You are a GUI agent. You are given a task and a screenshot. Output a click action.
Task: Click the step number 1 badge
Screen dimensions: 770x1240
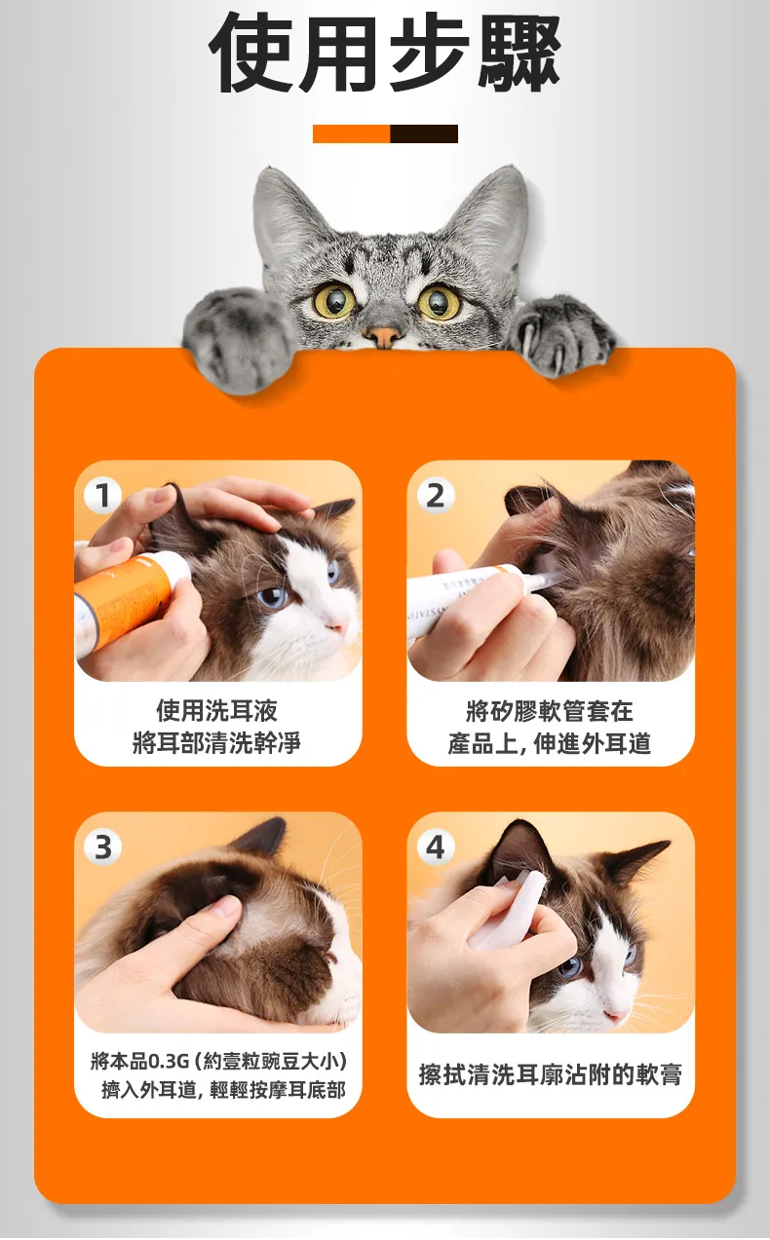coord(103,495)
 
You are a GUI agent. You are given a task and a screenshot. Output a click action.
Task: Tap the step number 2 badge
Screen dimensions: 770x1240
coord(436,495)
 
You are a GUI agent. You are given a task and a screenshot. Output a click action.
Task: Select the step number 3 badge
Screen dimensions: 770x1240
coord(103,847)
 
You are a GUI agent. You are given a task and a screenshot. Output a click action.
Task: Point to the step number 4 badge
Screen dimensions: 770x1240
coord(436,847)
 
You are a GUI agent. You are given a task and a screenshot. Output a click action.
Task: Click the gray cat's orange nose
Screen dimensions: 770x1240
coord(382,335)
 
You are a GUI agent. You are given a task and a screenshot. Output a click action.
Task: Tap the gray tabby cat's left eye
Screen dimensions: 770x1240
coord(335,299)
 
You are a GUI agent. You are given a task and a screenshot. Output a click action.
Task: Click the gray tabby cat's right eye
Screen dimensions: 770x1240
coord(439,302)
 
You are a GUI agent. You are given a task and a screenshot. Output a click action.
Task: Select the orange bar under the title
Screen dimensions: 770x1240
coord(352,134)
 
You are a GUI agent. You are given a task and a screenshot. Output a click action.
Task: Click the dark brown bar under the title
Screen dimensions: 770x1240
coord(424,134)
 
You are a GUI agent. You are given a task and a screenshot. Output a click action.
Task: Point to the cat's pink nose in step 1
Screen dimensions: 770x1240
coord(336,625)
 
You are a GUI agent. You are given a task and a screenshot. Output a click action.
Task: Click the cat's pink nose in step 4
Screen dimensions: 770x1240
coord(614,1015)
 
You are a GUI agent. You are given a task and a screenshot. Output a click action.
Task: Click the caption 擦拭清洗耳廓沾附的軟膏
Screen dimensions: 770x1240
coord(550,1074)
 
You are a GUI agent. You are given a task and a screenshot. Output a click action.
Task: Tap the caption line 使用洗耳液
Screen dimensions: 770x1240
coord(216,710)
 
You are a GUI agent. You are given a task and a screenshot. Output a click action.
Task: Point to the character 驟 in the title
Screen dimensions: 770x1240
coord(518,53)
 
